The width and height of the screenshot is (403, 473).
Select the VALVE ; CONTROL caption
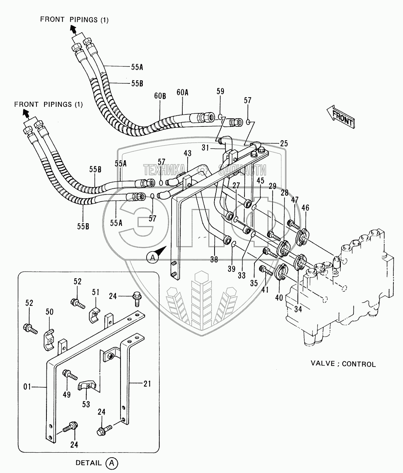tap(343, 364)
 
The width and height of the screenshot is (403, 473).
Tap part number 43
tap(187, 153)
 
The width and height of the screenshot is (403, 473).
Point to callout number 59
tap(220, 91)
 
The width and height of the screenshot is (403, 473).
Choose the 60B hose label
tap(160, 96)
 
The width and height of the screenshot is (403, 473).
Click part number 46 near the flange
tap(305, 208)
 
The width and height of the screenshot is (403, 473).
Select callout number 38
tap(214, 259)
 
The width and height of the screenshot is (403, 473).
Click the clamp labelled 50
tap(48, 339)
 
